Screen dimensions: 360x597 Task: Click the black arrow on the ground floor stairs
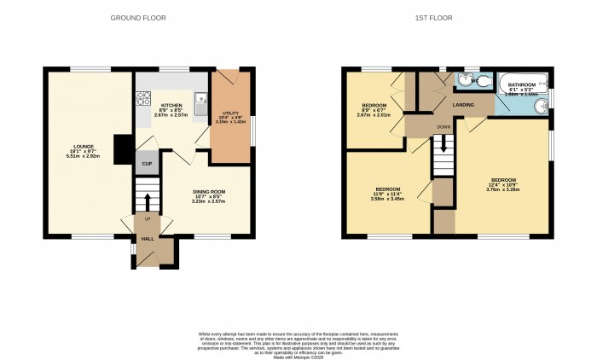click(x=148, y=203)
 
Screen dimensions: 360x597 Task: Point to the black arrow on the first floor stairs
click(x=443, y=145)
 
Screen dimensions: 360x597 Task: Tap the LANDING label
click(x=463, y=104)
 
